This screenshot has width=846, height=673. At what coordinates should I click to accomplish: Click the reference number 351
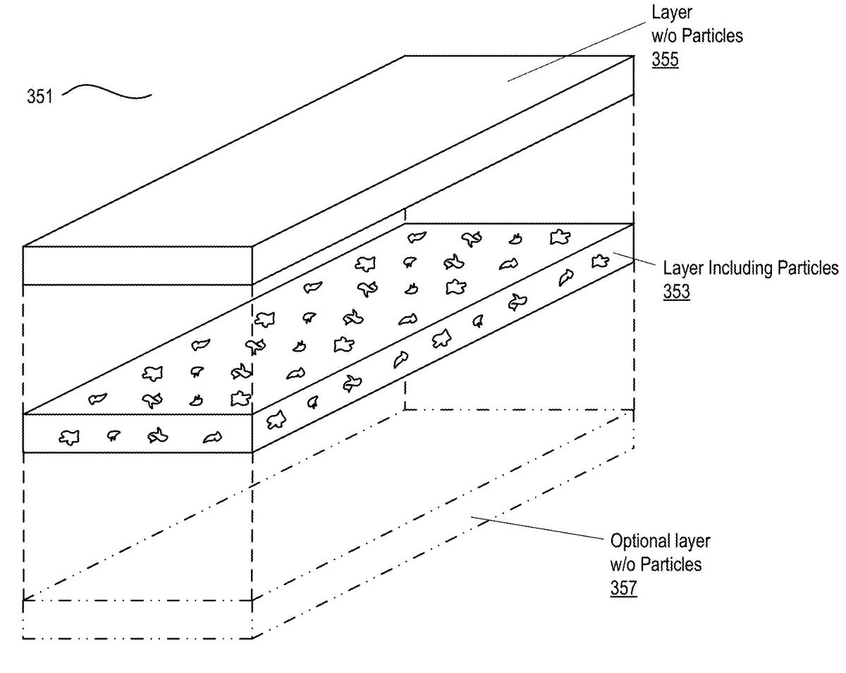[x=39, y=97]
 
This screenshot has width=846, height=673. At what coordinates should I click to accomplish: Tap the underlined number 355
[x=665, y=59]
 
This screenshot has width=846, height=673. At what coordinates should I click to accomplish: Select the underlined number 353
[x=676, y=291]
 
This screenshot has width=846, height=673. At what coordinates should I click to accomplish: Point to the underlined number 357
[x=623, y=588]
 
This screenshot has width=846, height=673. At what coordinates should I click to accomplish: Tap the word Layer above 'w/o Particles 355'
[x=671, y=13]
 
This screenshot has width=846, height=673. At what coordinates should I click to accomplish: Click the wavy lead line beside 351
[x=107, y=92]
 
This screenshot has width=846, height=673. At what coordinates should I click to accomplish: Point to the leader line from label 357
[x=537, y=528]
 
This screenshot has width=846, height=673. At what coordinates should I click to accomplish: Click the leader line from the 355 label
[x=576, y=51]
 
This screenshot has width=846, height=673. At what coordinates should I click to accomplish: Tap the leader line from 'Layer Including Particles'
[x=634, y=259]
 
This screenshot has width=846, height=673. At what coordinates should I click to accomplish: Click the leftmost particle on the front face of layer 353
[x=69, y=437]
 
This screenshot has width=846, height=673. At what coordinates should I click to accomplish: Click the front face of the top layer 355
[x=137, y=266]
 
